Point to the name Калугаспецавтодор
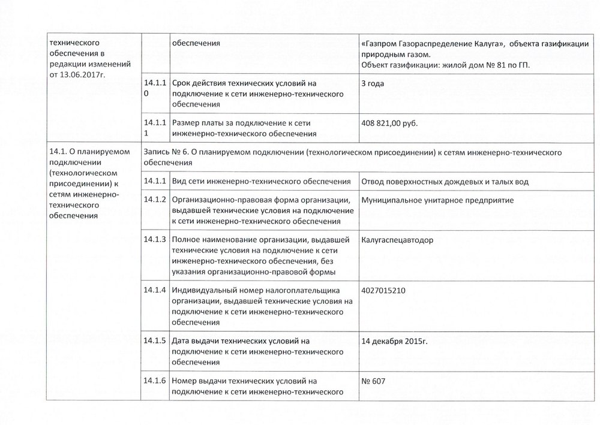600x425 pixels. pyautogui.click(x=398, y=240)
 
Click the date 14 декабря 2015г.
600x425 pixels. pyautogui.click(x=398, y=341)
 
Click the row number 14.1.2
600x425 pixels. pyautogui.click(x=155, y=200)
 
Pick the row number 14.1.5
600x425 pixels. pyautogui.click(x=155, y=340)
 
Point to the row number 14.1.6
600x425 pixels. pyautogui.click(x=155, y=381)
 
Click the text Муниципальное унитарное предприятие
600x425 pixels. pyautogui.click(x=438, y=200)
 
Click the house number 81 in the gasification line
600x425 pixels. pyautogui.click(x=492, y=65)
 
